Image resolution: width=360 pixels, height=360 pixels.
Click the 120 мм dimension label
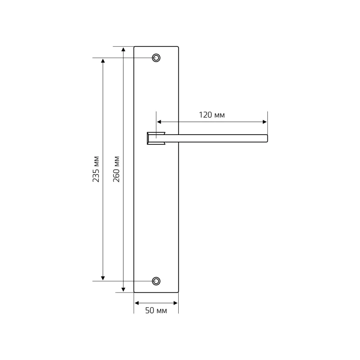coord(211,115)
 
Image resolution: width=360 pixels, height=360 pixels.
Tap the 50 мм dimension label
coord(156,310)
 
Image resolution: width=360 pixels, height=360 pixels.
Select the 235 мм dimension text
coord(96,169)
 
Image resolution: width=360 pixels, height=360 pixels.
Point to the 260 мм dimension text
coord(117,169)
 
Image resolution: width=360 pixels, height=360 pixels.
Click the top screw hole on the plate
coord(156,58)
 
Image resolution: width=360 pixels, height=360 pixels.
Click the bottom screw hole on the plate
coord(156,281)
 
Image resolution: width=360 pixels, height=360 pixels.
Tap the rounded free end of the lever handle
coord(266,139)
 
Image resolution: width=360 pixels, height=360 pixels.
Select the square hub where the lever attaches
coord(156,139)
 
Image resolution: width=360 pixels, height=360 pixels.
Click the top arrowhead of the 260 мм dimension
coord(123,49)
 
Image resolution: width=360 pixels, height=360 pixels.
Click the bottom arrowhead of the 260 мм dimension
coord(123,289)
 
